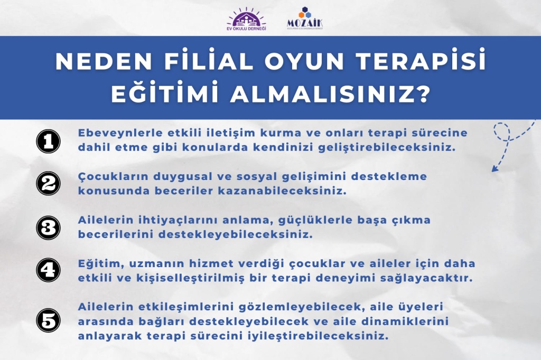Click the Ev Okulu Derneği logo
(x=246, y=19)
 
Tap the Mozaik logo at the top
(x=305, y=18)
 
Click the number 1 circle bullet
(x=48, y=141)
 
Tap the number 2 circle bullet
(x=48, y=184)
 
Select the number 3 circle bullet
(x=48, y=228)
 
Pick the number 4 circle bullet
(x=48, y=270)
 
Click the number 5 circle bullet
(x=48, y=320)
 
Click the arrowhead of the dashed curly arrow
(x=495, y=168)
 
